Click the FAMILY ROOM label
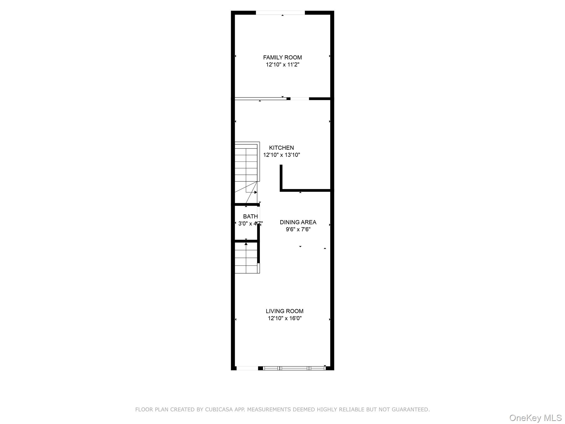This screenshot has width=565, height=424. click(282, 57)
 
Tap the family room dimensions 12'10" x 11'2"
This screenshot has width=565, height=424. click(282, 65)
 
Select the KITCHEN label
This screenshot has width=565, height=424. click(281, 148)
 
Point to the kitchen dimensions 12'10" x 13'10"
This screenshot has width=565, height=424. click(281, 155)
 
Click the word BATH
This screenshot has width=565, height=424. click(250, 216)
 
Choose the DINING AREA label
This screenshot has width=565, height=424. click(298, 222)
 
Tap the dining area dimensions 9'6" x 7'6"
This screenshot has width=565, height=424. click(298, 229)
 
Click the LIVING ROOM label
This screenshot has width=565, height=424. click(284, 311)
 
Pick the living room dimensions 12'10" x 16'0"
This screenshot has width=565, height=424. click(284, 318)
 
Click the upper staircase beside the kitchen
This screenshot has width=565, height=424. click(246, 166)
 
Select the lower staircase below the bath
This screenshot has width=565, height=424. click(246, 258)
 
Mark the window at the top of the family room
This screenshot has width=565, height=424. click(280, 13)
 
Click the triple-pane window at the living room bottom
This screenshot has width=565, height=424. click(294, 368)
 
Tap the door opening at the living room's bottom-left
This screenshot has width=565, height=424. click(247, 368)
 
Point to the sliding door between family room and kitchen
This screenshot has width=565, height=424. click(260, 99)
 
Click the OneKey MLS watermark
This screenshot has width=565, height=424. click(535, 418)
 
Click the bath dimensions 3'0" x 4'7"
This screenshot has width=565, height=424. click(250, 224)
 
